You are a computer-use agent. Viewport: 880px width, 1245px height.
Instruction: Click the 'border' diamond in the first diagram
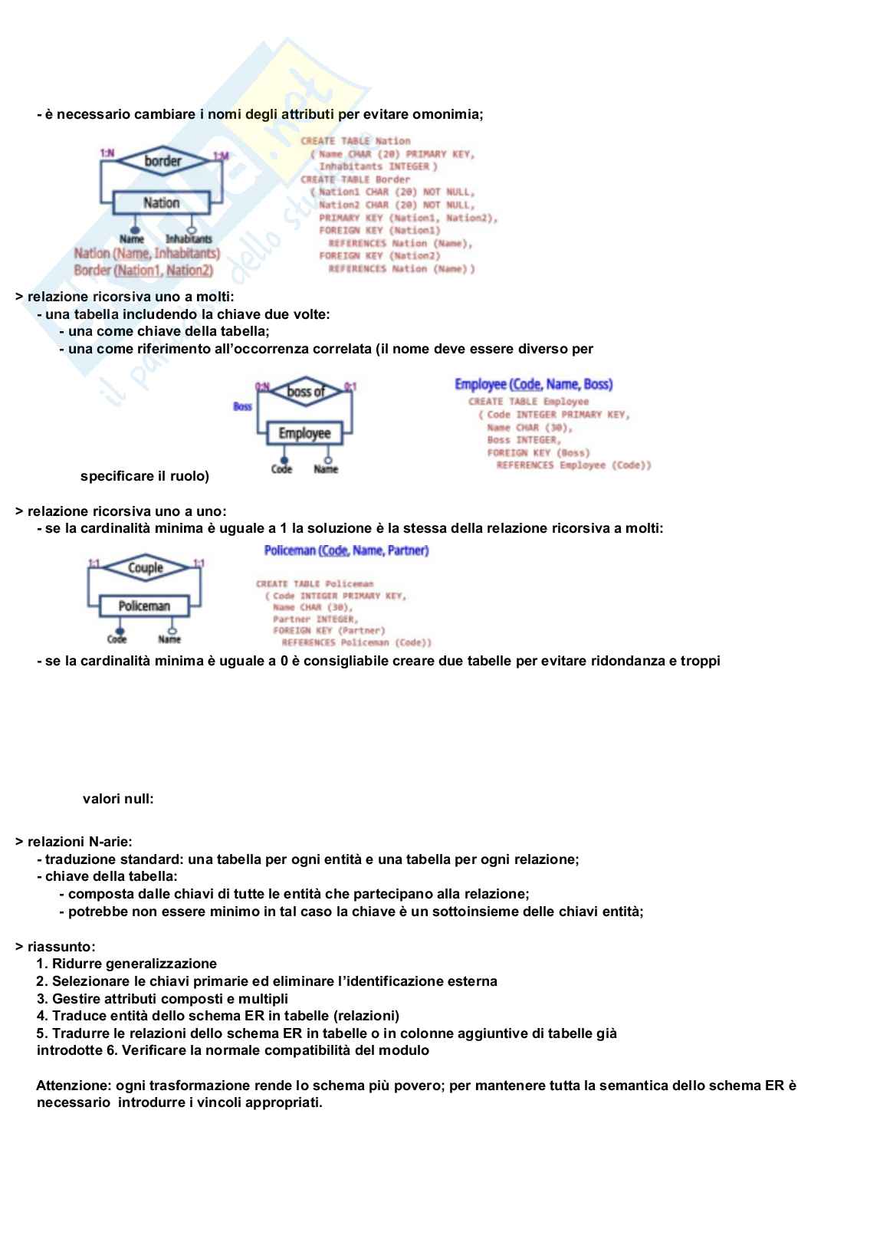(x=163, y=161)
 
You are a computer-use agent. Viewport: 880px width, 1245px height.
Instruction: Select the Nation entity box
(x=161, y=203)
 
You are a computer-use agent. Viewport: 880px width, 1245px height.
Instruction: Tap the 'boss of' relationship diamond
(x=306, y=392)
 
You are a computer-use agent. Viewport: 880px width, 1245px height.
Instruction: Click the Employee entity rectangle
(x=305, y=433)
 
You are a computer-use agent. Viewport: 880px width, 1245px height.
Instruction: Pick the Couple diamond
(x=145, y=568)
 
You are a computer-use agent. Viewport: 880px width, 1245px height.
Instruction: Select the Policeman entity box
(x=144, y=606)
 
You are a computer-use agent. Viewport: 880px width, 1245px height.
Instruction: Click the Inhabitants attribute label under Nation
(x=189, y=239)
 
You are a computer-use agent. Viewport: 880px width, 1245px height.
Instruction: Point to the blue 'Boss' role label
(x=242, y=406)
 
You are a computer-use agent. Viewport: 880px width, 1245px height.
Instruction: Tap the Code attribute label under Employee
(x=281, y=469)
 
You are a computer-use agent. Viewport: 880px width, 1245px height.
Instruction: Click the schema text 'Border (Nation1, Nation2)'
(x=143, y=270)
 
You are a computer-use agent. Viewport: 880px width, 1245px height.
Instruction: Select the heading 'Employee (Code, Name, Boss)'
(x=534, y=384)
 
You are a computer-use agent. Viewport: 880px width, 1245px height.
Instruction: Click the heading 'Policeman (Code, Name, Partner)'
(x=346, y=550)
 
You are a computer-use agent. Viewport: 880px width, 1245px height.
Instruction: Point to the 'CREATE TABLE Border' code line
(x=355, y=179)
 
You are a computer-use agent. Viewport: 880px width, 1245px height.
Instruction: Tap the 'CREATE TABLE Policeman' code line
(x=315, y=583)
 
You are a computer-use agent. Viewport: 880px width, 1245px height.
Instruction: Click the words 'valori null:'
(x=118, y=799)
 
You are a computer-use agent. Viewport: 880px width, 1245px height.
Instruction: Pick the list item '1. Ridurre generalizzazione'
(x=126, y=964)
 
